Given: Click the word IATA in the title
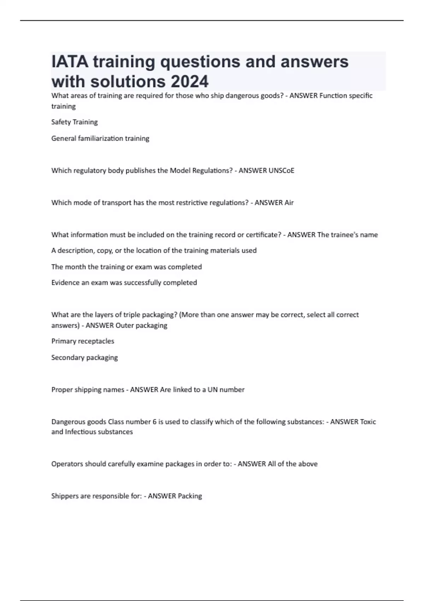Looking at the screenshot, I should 70,62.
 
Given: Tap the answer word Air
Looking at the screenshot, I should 289,203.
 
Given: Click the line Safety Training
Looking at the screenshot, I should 75,122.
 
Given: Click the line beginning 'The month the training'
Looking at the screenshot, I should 126,267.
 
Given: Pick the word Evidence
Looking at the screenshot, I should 65,282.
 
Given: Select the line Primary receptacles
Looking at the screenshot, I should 83,341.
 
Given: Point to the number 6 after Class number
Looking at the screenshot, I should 154,422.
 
